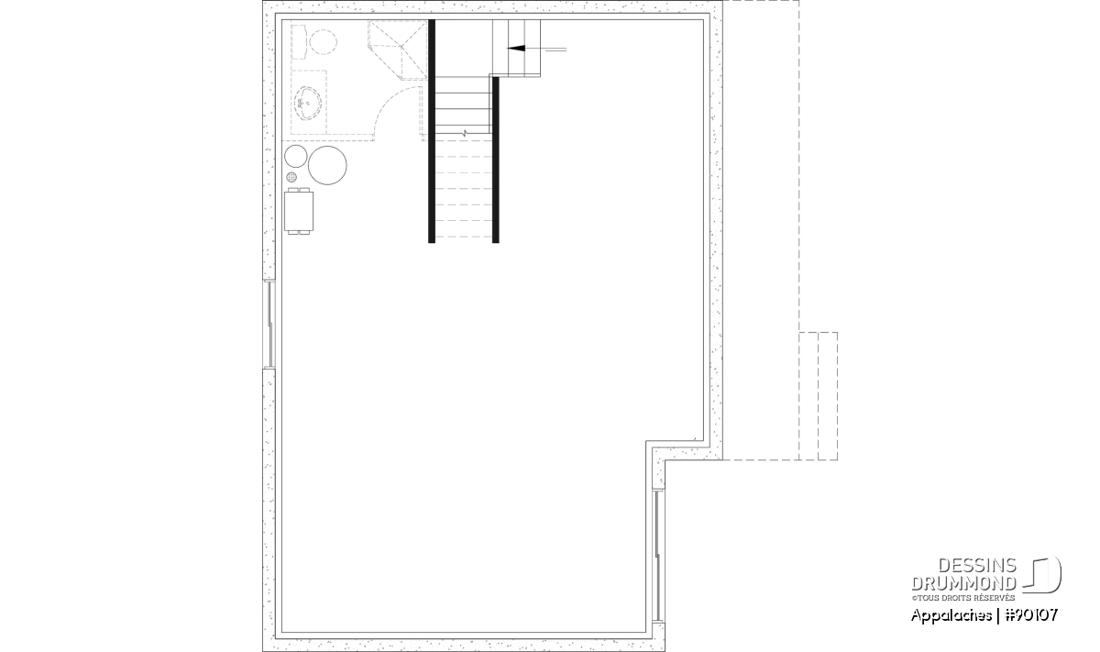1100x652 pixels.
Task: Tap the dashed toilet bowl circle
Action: [x=323, y=42]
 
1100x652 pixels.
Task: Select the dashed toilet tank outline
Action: [x=299, y=42]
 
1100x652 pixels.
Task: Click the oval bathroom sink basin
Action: [x=308, y=104]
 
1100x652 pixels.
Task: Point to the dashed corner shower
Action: [x=398, y=50]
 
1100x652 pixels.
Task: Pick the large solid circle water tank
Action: [x=327, y=165]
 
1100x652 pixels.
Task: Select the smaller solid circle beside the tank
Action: [x=295, y=156]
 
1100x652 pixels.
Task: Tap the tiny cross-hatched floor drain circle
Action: [x=291, y=177]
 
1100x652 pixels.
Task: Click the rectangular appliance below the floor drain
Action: [x=299, y=211]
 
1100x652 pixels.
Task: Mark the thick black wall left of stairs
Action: [x=432, y=131]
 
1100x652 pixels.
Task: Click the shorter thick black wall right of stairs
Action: [x=496, y=160]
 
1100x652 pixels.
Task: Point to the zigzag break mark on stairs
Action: [x=465, y=133]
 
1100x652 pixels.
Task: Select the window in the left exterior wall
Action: [x=269, y=325]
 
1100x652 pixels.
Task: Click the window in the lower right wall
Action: [x=658, y=555]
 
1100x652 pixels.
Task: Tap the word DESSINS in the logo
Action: [x=977, y=566]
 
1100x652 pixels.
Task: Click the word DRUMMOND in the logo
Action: [x=963, y=583]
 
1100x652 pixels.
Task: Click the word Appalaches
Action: [x=951, y=616]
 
